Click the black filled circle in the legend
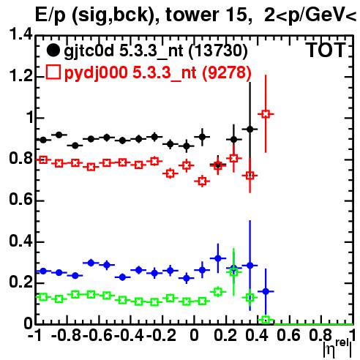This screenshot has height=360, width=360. pyautogui.click(x=53, y=50)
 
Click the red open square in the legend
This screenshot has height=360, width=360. pyautogui.click(x=53, y=72)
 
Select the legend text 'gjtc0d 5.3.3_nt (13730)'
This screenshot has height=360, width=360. pyautogui.click(x=156, y=51)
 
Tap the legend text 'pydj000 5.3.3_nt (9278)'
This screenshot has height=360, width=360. pyautogui.click(x=158, y=73)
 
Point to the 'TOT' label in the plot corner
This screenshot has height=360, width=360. pyautogui.click(x=326, y=50)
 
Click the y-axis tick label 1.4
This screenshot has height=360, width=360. pyautogui.click(x=20, y=34)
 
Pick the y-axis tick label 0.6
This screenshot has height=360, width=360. pyautogui.click(x=20, y=200)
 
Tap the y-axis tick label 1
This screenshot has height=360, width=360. pyautogui.click(x=29, y=117)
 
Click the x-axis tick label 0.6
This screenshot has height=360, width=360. pyautogui.click(x=289, y=335)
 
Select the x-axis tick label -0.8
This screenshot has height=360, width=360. pyautogui.click(x=67, y=335)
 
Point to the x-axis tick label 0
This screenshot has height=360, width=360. pyautogui.click(x=194, y=335)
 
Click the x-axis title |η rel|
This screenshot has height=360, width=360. pyautogui.click(x=338, y=349)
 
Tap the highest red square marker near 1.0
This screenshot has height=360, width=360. pyautogui.click(x=266, y=114)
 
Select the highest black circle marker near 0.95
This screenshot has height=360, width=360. pyautogui.click(x=250, y=130)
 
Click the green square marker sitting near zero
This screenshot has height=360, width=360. pyautogui.click(x=266, y=320)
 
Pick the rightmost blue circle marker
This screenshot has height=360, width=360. pyautogui.click(x=266, y=291)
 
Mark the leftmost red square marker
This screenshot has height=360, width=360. pyautogui.click(x=43, y=160)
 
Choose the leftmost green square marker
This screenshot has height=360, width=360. pyautogui.click(x=43, y=297)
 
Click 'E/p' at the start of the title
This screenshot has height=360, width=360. pyautogui.click(x=50, y=15)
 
